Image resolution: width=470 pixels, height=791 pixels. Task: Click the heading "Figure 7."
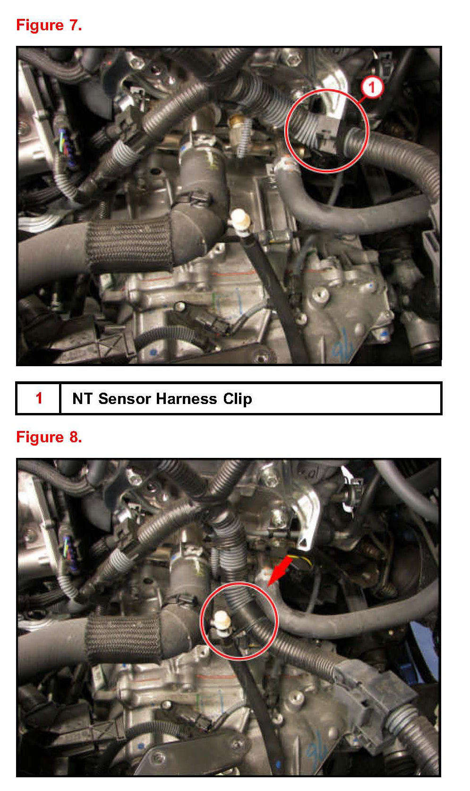tap(49, 26)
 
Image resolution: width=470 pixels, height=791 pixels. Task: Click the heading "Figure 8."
tap(49, 437)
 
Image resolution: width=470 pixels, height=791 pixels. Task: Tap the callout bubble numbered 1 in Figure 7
tap(372, 87)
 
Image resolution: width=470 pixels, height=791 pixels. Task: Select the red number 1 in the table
tap(39, 398)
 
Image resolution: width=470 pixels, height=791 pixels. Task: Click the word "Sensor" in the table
tap(125, 399)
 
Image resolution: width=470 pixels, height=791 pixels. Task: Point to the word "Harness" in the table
tap(187, 399)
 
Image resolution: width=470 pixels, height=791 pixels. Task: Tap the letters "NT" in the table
tap(82, 399)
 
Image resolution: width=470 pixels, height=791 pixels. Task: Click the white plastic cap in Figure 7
tap(240, 219)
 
